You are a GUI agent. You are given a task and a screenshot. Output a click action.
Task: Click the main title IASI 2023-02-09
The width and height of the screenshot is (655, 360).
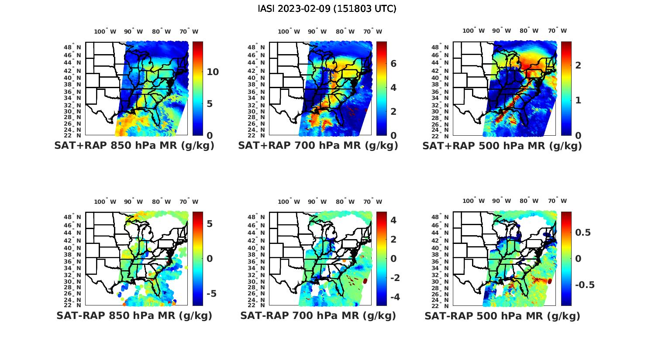tap(327, 9)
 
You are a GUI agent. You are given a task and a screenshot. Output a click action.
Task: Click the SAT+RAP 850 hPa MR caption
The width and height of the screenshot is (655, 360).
tap(134, 146)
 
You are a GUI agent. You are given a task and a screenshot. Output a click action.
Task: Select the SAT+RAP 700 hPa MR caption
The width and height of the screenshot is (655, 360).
tap(318, 146)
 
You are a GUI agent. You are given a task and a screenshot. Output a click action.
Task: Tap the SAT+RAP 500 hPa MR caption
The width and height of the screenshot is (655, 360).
tap(502, 146)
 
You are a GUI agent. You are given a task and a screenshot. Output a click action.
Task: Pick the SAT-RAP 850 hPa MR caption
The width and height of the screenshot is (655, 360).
tap(134, 315)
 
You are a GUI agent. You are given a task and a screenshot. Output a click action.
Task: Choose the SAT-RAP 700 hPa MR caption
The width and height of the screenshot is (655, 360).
tap(318, 315)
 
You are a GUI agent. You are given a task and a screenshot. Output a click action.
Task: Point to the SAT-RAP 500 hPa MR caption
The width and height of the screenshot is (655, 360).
tap(502, 315)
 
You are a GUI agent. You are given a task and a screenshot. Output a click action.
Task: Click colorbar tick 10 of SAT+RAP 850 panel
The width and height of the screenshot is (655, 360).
tap(213, 72)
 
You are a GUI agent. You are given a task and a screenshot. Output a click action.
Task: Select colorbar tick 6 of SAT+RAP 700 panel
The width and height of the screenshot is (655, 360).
tap(393, 64)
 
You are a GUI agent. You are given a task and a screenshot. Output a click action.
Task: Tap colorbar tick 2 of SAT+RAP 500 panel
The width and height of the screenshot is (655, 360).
tap(578, 65)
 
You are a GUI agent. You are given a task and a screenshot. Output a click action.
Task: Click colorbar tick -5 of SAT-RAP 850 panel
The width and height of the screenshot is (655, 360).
tap(211, 293)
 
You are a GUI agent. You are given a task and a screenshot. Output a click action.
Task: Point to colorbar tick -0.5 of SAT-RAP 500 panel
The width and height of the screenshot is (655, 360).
tap(584, 285)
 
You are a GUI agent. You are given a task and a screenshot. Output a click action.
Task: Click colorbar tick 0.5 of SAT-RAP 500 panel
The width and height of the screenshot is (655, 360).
tap(583, 232)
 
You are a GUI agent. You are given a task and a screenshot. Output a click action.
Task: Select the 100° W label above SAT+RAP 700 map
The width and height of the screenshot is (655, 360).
tap(289, 31)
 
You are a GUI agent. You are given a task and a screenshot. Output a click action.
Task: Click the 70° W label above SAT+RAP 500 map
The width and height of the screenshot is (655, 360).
tap(557, 31)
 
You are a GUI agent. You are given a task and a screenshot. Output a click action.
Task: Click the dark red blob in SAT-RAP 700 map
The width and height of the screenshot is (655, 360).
tap(365, 282)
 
